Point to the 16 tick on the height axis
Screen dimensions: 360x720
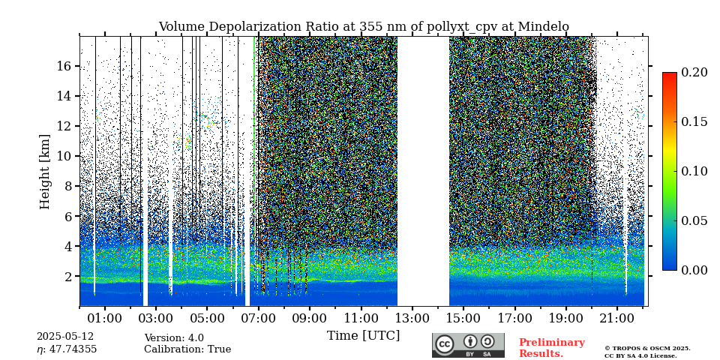pos(63,66)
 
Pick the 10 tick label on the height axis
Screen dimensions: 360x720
pos(63,156)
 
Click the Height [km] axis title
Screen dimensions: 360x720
pos(45,171)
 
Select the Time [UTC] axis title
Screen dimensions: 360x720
pos(363,335)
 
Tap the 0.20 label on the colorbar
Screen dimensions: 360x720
pos(694,72)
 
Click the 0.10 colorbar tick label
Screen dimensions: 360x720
pos(694,171)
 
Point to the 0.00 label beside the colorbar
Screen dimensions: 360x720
pos(694,270)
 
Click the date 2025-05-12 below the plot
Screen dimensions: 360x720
pos(65,337)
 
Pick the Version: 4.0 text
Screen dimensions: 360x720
pos(174,338)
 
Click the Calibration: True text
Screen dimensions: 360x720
pos(187,349)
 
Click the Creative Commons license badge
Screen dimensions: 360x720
pos(468,345)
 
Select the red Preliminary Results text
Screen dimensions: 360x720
pos(551,348)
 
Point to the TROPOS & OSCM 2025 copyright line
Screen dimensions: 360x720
pos(647,348)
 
